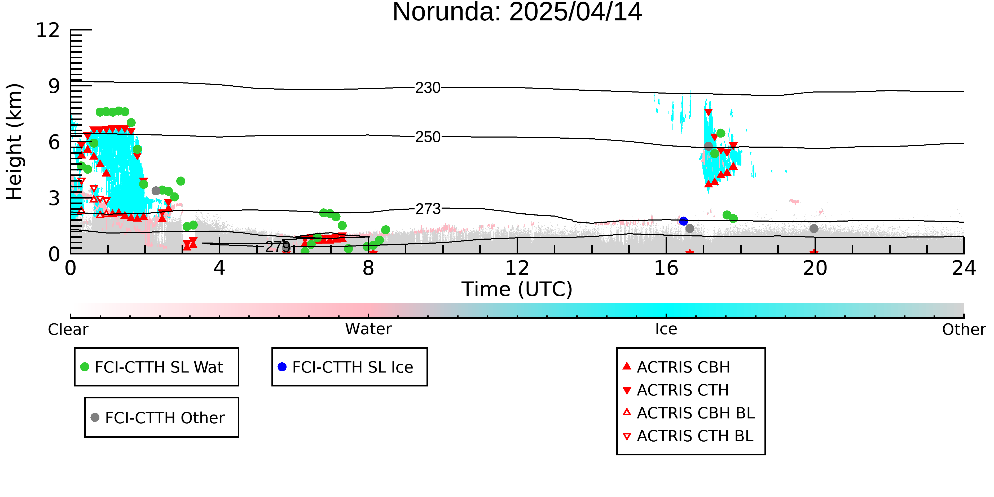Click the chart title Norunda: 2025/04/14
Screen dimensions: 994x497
tap(517, 12)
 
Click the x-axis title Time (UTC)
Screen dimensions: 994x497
tap(517, 289)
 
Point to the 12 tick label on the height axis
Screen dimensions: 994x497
tap(48, 30)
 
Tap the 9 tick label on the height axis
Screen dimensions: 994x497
tap(54, 86)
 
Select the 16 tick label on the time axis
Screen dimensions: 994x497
tap(666, 268)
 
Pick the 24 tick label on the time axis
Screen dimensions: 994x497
tap(964, 268)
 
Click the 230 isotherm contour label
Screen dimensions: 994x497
tap(428, 88)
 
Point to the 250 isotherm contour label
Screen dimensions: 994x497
tap(428, 137)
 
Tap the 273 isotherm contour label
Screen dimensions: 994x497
tap(428, 209)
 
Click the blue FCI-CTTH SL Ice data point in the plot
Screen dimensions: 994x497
tap(683, 221)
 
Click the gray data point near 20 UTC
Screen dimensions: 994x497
tap(814, 228)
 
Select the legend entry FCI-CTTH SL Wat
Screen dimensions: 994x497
tap(152, 367)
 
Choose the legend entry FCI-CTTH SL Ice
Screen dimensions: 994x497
tap(346, 367)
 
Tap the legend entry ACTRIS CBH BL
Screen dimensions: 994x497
tap(689, 413)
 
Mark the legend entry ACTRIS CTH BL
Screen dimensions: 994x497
tap(688, 436)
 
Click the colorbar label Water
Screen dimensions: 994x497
tap(368, 329)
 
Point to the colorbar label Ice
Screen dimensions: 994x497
tap(666, 329)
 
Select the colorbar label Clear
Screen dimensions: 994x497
tap(68, 329)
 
